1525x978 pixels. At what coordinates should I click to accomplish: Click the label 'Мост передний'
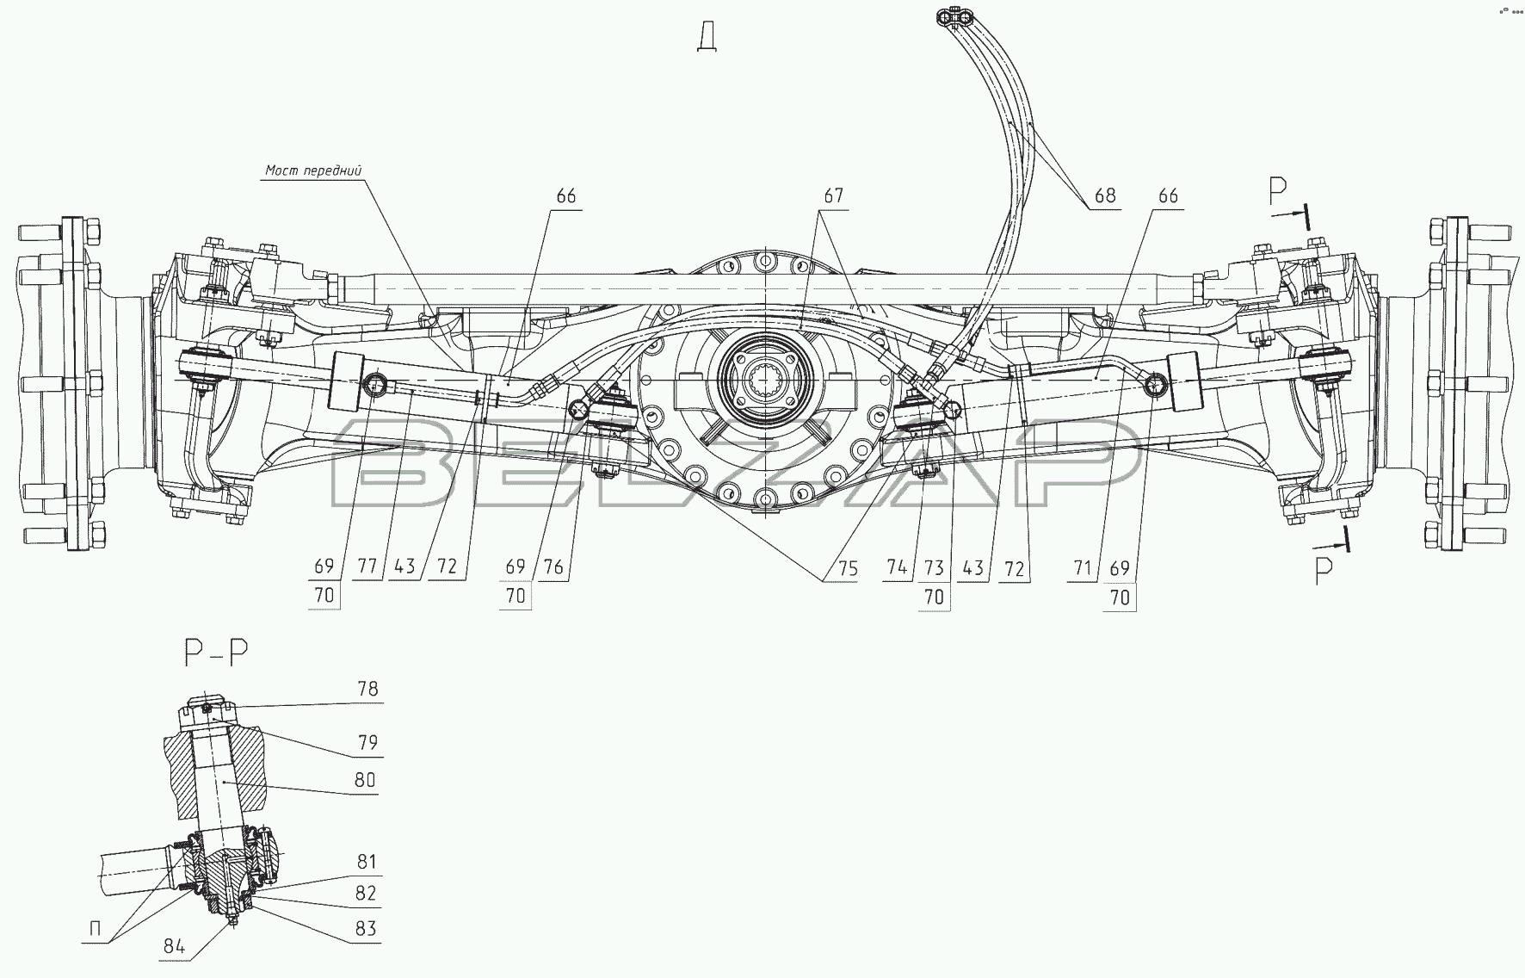[x=313, y=170]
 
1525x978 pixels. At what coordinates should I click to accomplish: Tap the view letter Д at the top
[x=708, y=38]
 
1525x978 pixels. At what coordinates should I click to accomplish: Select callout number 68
[x=1105, y=196]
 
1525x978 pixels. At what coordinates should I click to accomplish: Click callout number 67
[x=833, y=196]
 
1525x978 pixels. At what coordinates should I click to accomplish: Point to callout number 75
[x=848, y=567]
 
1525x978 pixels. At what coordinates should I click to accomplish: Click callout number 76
[x=553, y=566]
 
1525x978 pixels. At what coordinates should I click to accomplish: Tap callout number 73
[x=934, y=567]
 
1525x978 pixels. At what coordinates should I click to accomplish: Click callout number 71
[x=1083, y=567]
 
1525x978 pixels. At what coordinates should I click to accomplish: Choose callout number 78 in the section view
[x=367, y=690]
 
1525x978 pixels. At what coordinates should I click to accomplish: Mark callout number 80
[x=365, y=780]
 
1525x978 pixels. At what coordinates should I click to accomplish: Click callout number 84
[x=174, y=947]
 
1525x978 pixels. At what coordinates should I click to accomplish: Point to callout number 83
[x=366, y=929]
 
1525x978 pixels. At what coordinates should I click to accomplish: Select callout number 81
[x=366, y=862]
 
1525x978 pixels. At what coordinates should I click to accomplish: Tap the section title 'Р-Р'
[x=216, y=654]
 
